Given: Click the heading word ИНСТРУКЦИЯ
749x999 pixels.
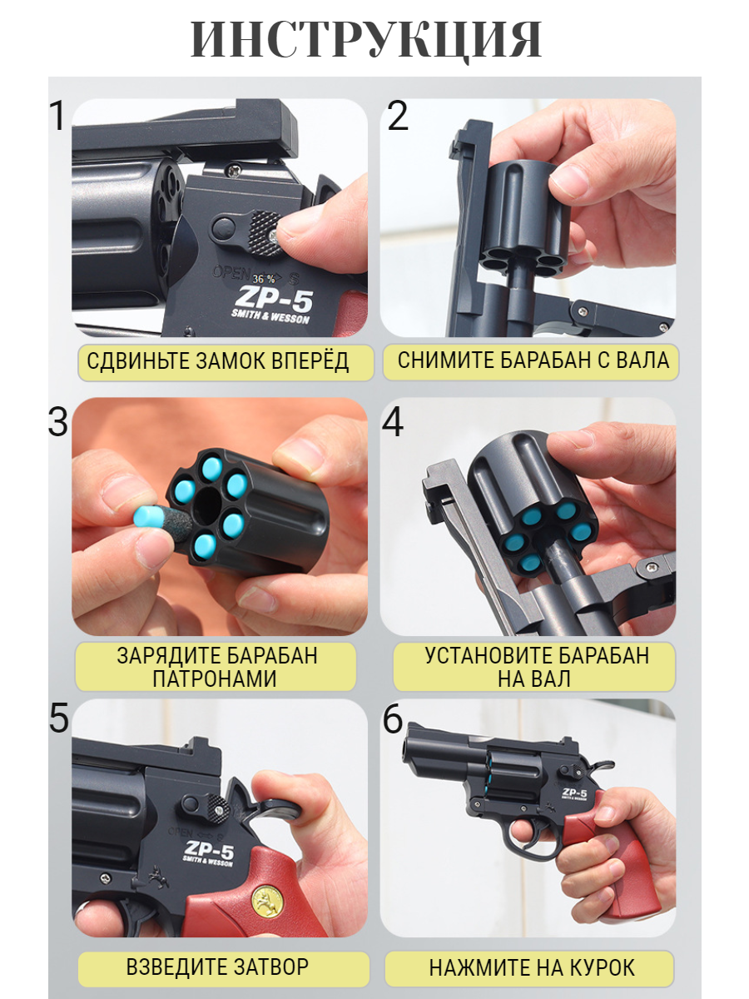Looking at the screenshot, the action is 366,39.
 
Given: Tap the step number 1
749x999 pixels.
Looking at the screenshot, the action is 58,116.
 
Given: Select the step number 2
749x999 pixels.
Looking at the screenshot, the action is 398,116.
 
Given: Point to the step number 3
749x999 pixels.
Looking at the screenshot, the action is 57,422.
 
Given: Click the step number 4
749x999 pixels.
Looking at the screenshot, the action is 393,422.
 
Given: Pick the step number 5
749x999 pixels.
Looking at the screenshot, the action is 58,718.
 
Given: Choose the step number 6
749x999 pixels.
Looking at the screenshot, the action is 393,718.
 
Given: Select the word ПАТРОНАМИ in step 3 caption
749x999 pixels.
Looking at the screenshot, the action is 215,678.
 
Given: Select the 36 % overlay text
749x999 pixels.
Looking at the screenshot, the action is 264,279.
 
